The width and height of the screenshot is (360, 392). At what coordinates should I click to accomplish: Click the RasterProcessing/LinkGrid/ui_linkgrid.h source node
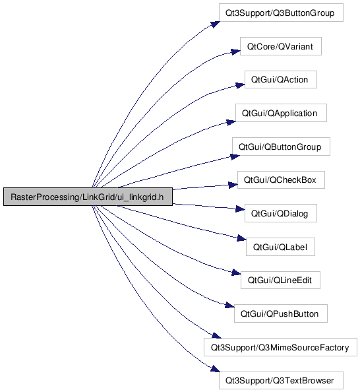pos(88,197)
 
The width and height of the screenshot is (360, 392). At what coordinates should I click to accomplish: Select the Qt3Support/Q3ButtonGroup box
pos(281,13)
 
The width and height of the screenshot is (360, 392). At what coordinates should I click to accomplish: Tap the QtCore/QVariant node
pos(281,46)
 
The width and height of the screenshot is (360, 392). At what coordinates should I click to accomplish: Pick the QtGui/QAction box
pos(281,79)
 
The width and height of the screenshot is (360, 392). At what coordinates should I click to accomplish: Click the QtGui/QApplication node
pos(281,113)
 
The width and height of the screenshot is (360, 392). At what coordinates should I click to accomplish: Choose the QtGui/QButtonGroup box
pos(281,147)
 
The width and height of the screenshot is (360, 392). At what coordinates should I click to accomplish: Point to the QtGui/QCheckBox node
pos(281,180)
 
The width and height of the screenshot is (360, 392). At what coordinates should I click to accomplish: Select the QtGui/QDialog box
pos(281,213)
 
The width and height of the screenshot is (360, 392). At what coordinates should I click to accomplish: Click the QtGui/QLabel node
pos(281,247)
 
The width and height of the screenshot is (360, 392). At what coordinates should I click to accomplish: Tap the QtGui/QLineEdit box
pos(281,280)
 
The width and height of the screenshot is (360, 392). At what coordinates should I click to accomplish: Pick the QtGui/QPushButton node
pos(281,313)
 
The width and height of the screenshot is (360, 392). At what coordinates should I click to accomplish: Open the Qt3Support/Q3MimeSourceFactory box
pos(281,347)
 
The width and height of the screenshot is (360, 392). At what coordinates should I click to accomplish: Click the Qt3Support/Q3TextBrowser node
pos(281,381)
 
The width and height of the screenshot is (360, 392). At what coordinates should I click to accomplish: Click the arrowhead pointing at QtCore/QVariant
pos(235,51)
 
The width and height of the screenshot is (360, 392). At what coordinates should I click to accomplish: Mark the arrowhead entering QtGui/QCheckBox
pos(233,185)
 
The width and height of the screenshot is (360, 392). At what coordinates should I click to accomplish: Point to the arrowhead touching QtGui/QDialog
pos(241,209)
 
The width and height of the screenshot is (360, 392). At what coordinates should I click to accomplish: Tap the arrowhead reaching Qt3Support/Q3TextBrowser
pos(216,369)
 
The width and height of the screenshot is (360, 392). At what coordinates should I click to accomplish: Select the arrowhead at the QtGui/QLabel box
pos(241,238)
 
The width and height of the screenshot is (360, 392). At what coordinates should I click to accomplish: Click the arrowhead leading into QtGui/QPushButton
pos(229,305)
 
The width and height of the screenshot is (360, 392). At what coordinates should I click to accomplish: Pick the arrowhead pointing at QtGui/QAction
pos(241,85)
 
